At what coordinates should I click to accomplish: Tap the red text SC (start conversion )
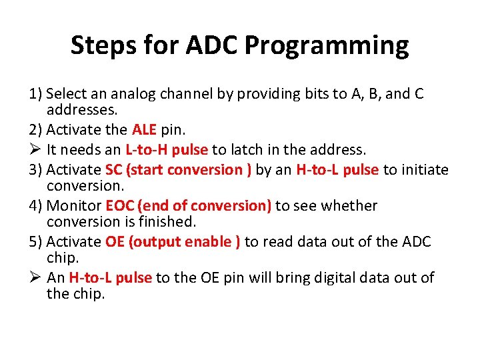coord(179,169)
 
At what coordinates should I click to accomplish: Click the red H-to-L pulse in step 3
coord(337,169)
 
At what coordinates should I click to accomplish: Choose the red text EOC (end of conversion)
coord(188,206)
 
